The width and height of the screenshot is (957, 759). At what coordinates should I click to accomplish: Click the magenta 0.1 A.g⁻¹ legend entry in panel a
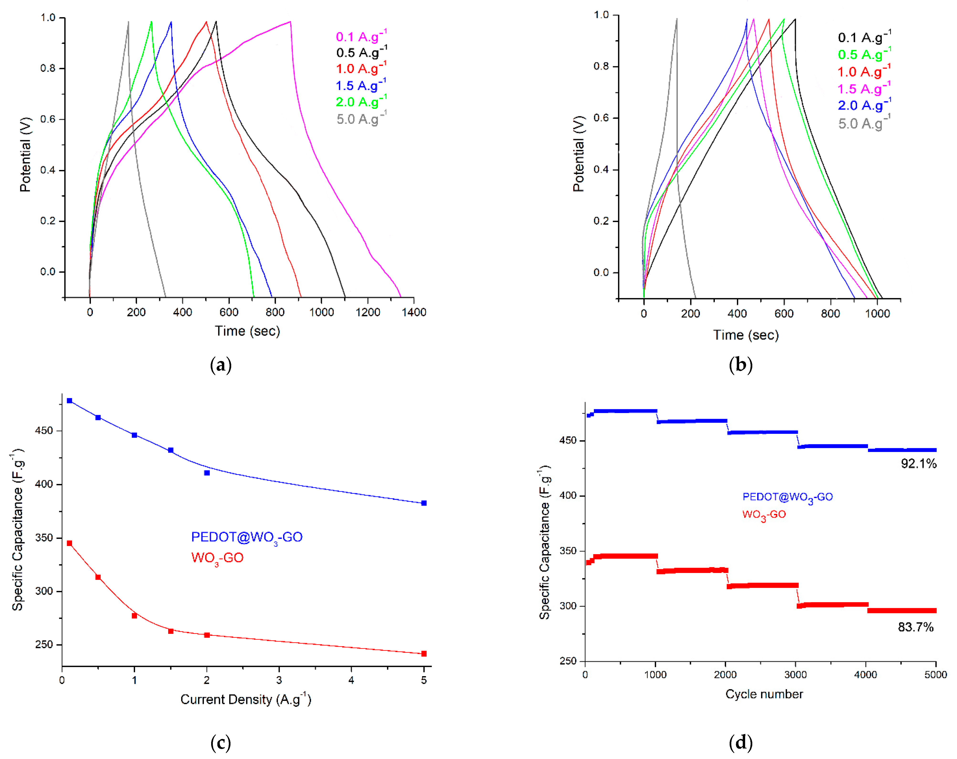coord(361,37)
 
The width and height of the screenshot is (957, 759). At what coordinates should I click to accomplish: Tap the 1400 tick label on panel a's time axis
coord(414,312)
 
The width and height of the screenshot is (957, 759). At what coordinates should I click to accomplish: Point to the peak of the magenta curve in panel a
coord(290,21)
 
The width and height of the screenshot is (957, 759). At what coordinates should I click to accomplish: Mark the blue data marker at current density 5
coord(424,503)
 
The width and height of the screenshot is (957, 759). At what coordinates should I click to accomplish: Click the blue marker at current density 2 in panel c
coord(207,473)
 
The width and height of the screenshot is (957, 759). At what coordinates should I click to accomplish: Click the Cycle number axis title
coord(764,694)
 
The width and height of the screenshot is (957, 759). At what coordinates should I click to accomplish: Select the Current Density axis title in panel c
coord(246,700)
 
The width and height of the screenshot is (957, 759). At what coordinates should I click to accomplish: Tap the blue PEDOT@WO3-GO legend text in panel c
coord(247,537)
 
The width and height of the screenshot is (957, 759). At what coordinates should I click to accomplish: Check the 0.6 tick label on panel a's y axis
coord(48,119)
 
